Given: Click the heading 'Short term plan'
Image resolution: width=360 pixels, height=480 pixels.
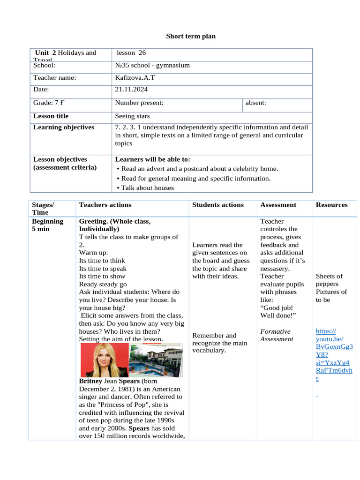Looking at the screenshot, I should (191, 36).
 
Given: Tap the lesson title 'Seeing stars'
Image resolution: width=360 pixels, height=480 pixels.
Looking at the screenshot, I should (132, 116).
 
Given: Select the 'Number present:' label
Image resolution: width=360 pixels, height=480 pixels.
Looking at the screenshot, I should (139, 103).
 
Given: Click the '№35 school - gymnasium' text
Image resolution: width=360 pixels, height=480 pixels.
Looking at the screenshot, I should (152, 65).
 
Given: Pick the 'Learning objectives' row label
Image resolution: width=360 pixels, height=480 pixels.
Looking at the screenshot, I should (64, 127).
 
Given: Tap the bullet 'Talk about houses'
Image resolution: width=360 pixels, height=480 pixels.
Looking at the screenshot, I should (147, 187).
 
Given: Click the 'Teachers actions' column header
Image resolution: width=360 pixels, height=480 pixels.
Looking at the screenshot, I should (105, 205).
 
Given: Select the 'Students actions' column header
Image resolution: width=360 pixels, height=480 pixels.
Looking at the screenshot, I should (218, 205).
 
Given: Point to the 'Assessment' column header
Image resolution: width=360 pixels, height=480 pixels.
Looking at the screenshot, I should (278, 205).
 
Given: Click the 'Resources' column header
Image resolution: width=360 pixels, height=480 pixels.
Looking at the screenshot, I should (332, 205).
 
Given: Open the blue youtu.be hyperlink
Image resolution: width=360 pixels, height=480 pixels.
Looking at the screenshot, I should (334, 354).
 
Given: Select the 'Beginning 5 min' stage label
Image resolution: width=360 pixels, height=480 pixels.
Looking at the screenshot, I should (47, 225).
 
